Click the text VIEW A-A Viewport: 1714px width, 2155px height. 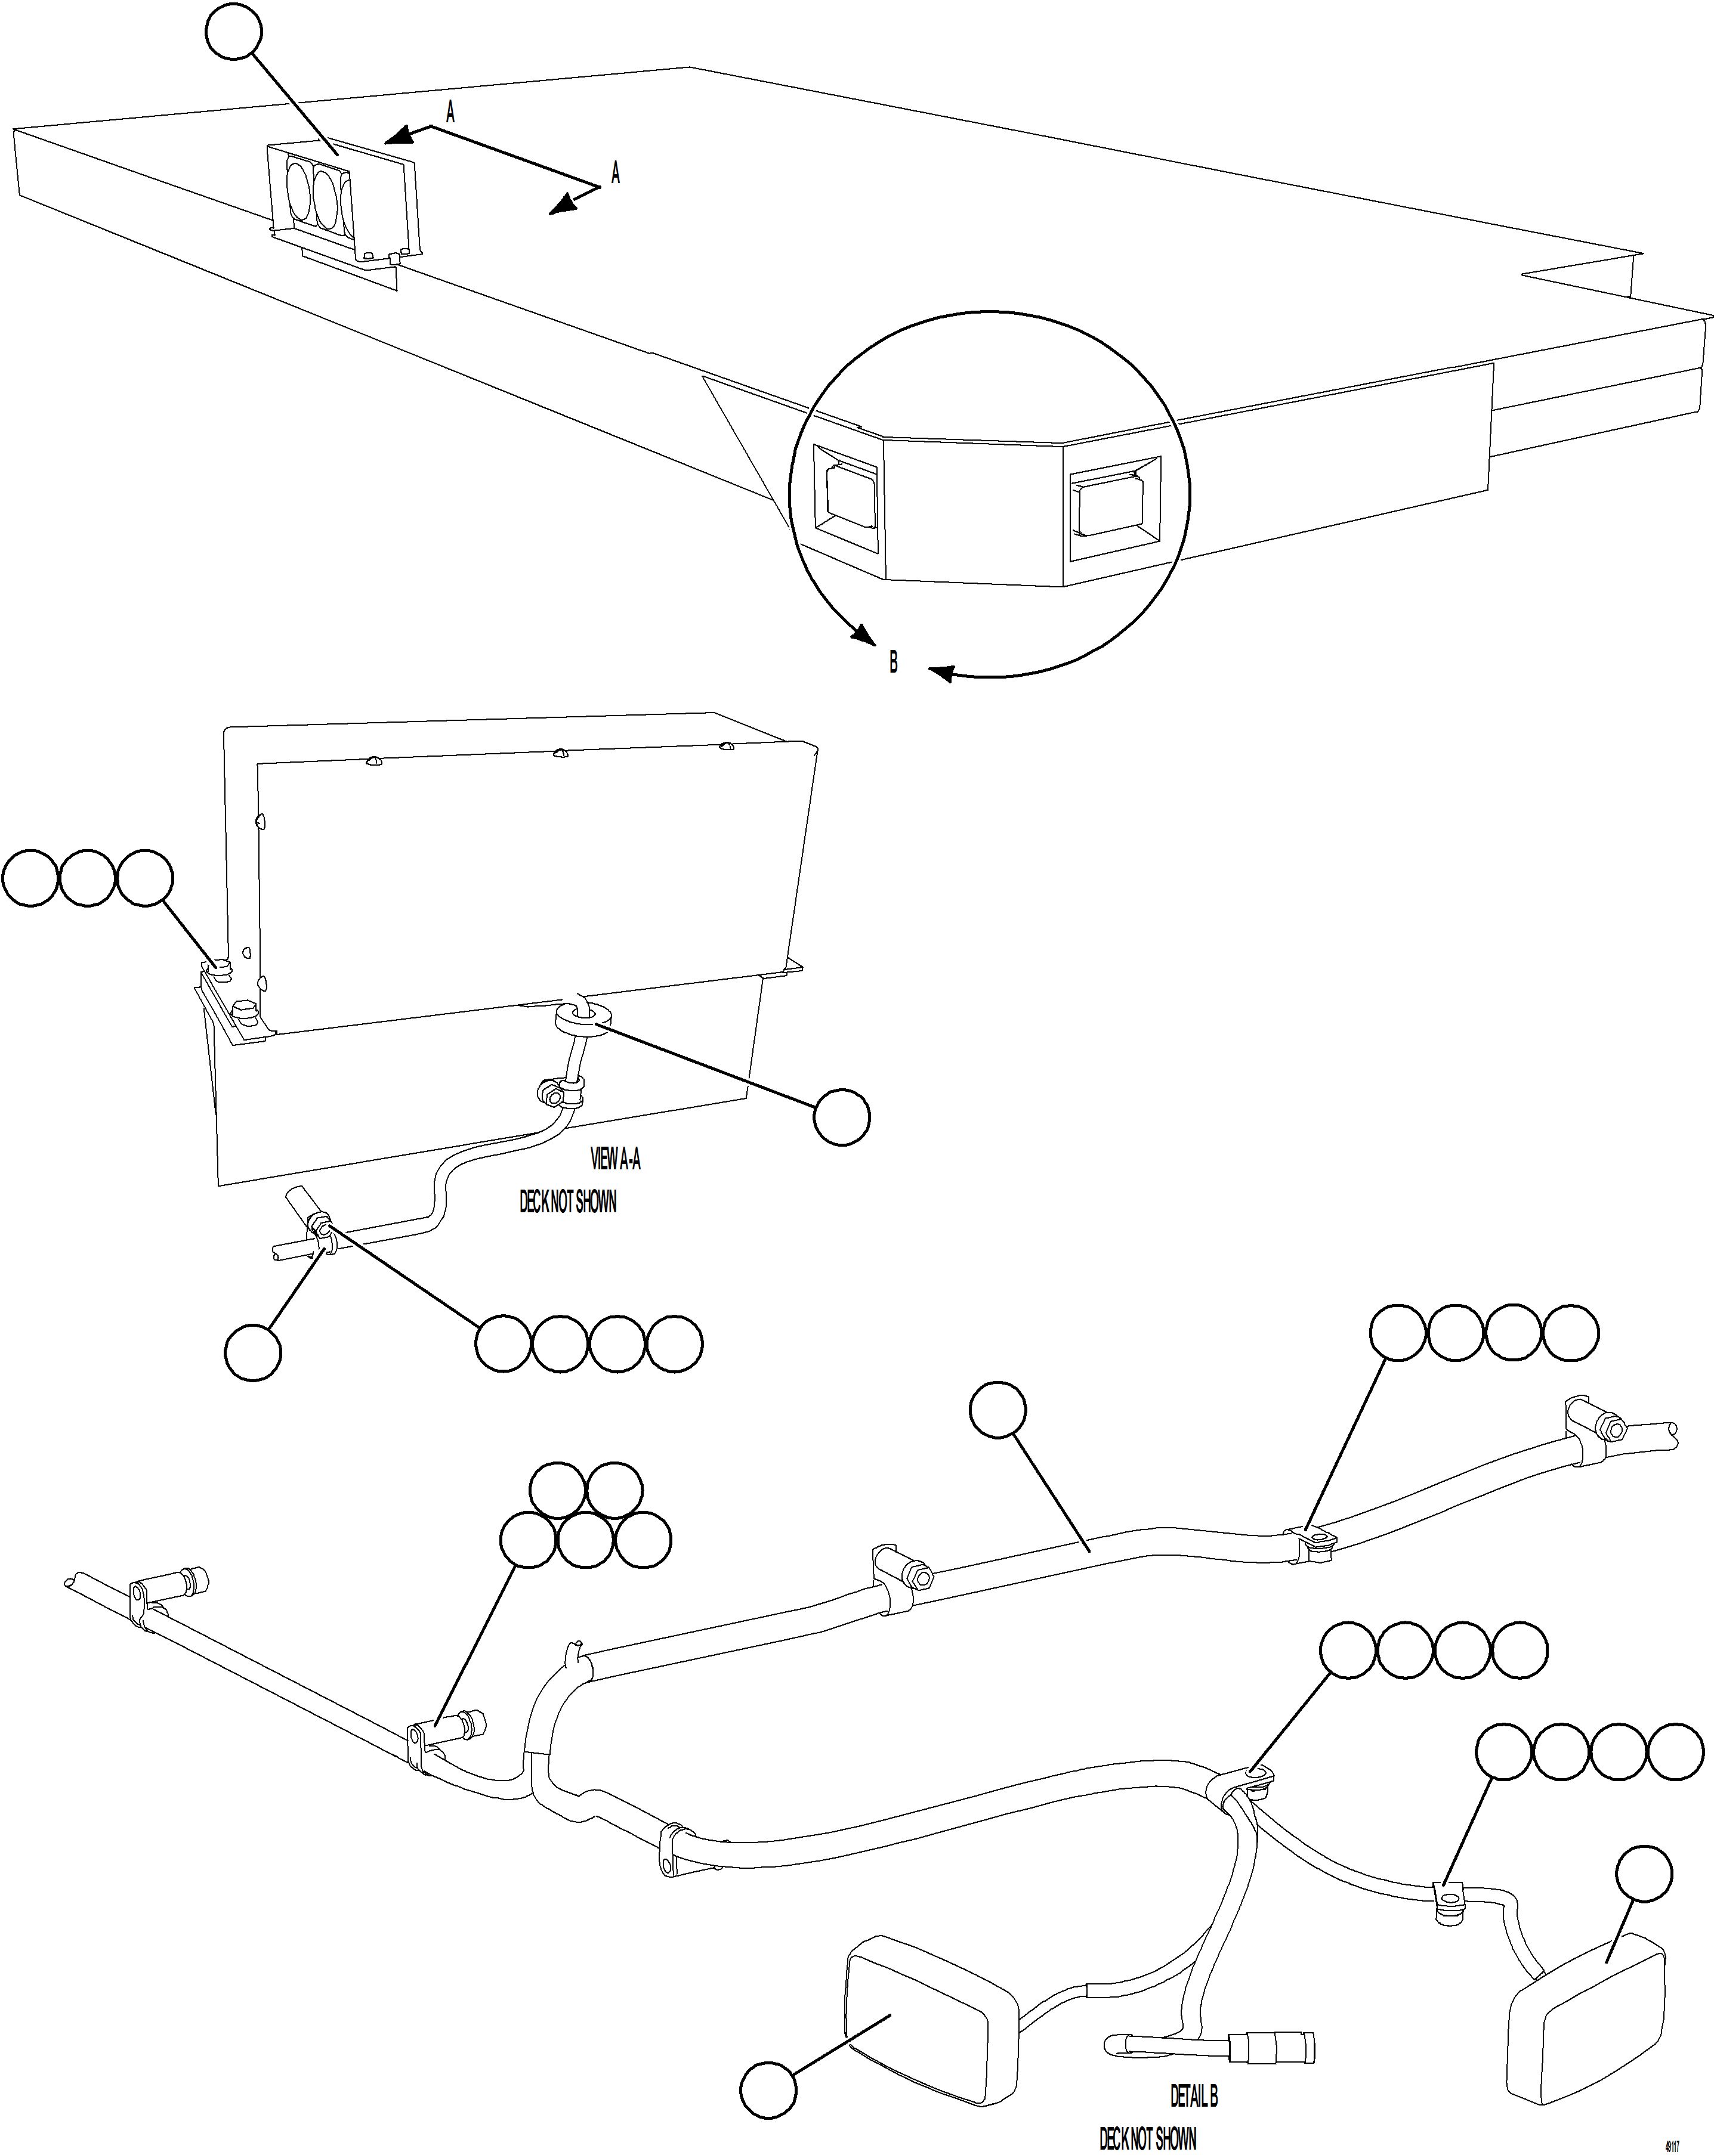point(615,1159)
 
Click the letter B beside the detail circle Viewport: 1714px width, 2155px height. point(893,662)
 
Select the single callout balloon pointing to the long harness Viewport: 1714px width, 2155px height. point(998,1410)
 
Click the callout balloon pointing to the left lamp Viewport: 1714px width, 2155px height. point(768,2089)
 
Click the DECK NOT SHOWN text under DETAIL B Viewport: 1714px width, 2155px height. point(1147,2138)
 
